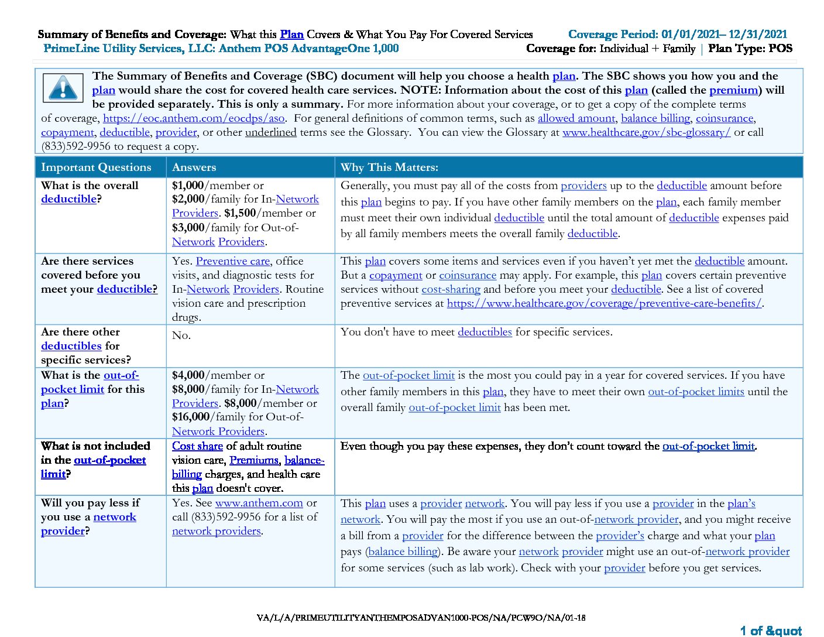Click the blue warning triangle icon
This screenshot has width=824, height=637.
click(x=63, y=88)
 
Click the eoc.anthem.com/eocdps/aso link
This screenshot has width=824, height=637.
click(x=194, y=118)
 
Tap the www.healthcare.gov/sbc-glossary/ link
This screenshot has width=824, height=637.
click(x=646, y=132)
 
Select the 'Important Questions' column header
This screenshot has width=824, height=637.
click(x=96, y=167)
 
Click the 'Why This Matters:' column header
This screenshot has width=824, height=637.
click(x=389, y=167)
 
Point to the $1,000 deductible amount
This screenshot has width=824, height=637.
click(x=188, y=186)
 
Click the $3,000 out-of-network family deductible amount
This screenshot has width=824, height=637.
click(x=188, y=228)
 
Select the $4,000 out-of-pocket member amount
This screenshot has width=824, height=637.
click(x=188, y=375)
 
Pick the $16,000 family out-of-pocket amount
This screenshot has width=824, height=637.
click(x=191, y=417)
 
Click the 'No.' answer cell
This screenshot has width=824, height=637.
click(x=181, y=335)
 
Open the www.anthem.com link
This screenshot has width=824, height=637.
click(x=259, y=503)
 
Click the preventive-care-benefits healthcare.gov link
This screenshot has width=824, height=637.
click(x=604, y=303)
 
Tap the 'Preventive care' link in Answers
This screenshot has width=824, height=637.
click(x=232, y=261)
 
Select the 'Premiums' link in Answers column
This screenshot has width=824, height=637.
click(x=254, y=460)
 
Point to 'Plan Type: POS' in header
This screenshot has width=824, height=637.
click(x=750, y=49)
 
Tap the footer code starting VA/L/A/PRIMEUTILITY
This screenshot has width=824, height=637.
click(x=421, y=618)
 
